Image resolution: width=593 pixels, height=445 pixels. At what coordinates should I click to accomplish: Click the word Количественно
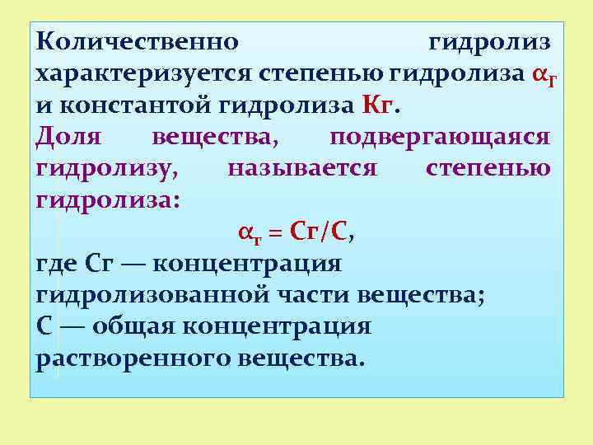138,41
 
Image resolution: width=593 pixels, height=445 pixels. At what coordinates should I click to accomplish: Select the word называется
302,168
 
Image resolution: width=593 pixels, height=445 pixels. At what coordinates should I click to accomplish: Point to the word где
57,264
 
